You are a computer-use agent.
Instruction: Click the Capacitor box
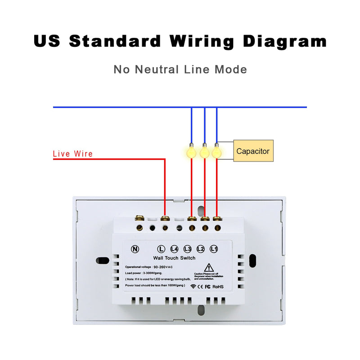[x=253, y=151]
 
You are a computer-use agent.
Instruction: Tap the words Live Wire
[x=73, y=154]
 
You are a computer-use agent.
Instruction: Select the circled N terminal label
[x=135, y=248]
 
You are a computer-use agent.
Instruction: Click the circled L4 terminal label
[x=175, y=248]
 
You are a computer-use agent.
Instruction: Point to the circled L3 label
[x=188, y=248]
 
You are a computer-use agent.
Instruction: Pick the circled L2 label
[x=201, y=248]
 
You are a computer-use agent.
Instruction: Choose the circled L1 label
[x=214, y=248]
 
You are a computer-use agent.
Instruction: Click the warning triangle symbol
[x=208, y=267]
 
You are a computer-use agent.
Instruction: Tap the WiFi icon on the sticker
[x=193, y=286]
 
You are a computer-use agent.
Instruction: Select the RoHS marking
[x=218, y=286]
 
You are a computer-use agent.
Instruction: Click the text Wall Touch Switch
[x=174, y=258]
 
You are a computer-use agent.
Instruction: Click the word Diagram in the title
[x=285, y=41]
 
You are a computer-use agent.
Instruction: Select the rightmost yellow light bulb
[x=217, y=152]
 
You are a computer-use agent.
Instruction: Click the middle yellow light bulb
[x=205, y=152]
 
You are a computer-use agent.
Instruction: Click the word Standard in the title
[x=115, y=41]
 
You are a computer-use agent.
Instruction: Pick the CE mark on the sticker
[x=201, y=286]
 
